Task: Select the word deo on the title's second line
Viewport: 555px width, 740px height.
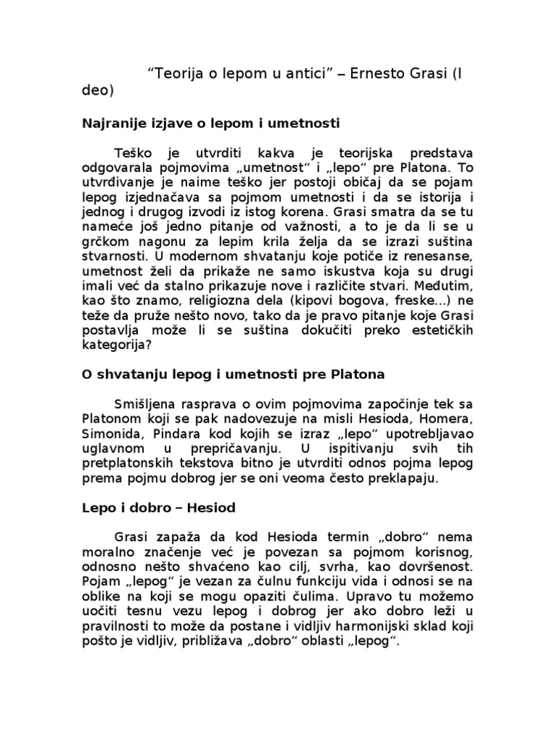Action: tap(96, 91)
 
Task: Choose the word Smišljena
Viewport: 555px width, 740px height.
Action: tap(150, 403)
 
